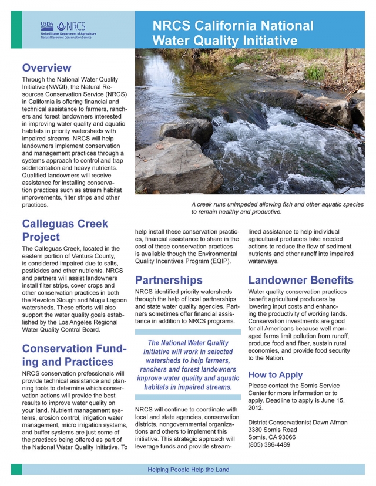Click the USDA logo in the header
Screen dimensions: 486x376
coord(47,26)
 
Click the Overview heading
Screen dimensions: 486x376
coord(46,67)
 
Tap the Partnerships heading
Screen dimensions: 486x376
coord(169,280)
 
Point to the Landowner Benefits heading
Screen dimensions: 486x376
coord(300,280)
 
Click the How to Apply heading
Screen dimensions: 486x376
coord(276,374)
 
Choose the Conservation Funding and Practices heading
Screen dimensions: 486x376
coord(74,355)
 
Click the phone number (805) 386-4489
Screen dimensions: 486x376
coord(269,444)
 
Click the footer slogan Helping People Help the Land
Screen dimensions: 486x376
coord(188,470)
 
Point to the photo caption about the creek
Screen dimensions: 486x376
coord(277,208)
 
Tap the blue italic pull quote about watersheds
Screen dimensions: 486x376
coord(188,365)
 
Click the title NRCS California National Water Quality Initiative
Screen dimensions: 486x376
coord(233,33)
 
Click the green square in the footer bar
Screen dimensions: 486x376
coord(16,470)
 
